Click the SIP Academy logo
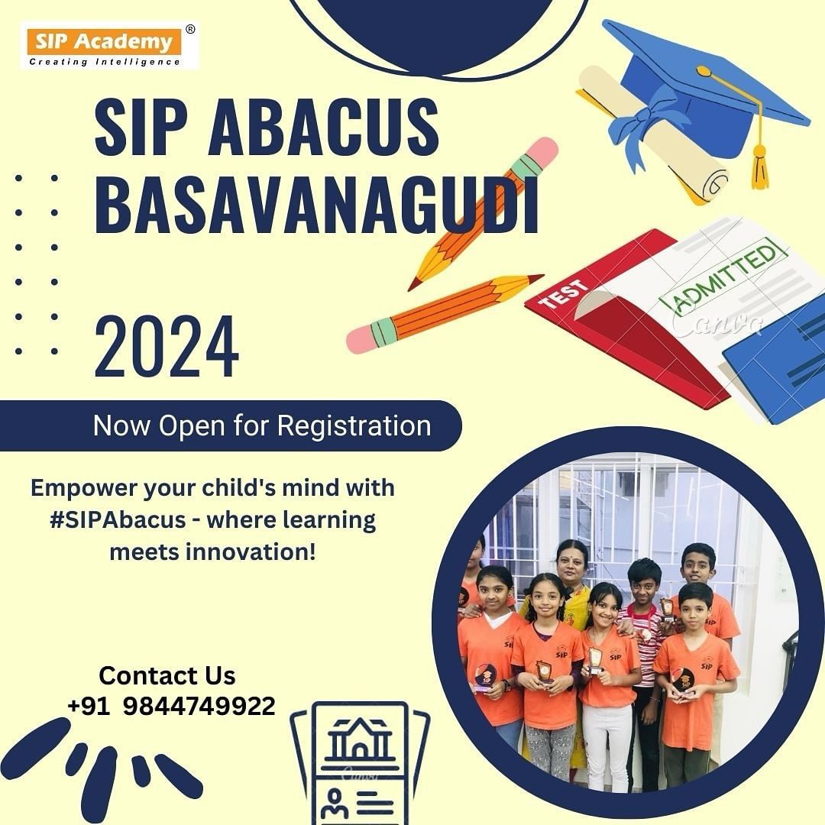(x=109, y=46)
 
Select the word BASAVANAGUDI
(x=316, y=205)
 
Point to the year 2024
(x=167, y=347)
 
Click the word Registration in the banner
(x=354, y=425)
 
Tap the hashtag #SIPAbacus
(x=118, y=520)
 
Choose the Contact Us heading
(x=167, y=675)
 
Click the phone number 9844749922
(x=199, y=706)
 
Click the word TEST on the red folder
(x=564, y=295)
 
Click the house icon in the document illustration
(x=360, y=739)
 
